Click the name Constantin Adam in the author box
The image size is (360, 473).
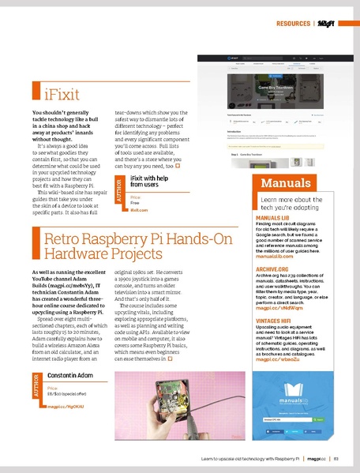pyautogui.click(x=70, y=374)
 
